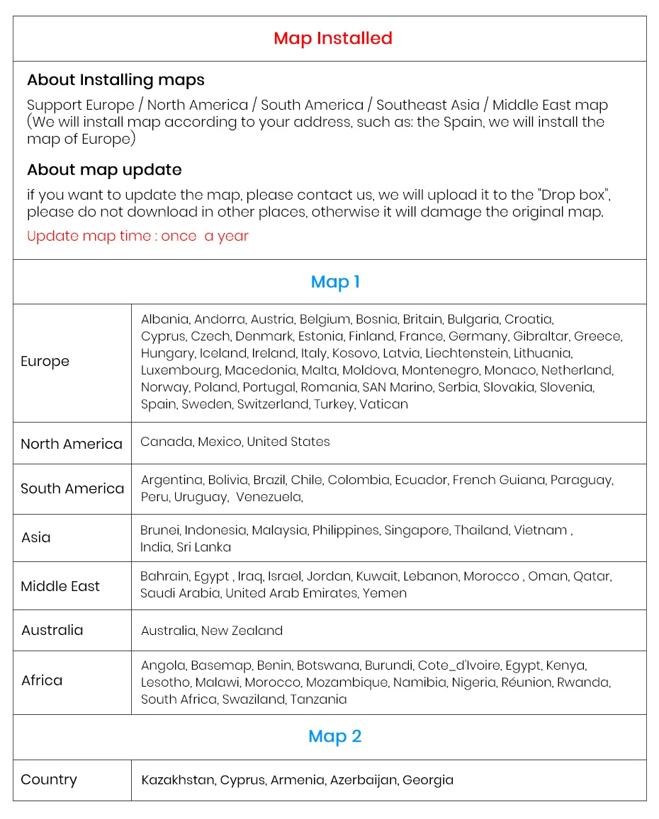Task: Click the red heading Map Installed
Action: [x=332, y=38]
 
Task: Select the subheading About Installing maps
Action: [x=116, y=80]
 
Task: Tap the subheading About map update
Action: [x=104, y=170]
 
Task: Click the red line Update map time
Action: [x=137, y=236]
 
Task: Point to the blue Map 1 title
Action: [x=335, y=282]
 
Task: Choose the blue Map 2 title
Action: [x=334, y=736]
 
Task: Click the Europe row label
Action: [x=45, y=362]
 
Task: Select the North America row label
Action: [x=72, y=445]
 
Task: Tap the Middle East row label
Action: [x=60, y=587]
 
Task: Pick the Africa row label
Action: [x=42, y=681]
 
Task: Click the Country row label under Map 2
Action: [x=49, y=780]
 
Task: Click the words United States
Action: [x=288, y=442]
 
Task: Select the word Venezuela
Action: [x=269, y=498]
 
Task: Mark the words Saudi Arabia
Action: [x=180, y=593]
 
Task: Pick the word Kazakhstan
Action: [x=178, y=780]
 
